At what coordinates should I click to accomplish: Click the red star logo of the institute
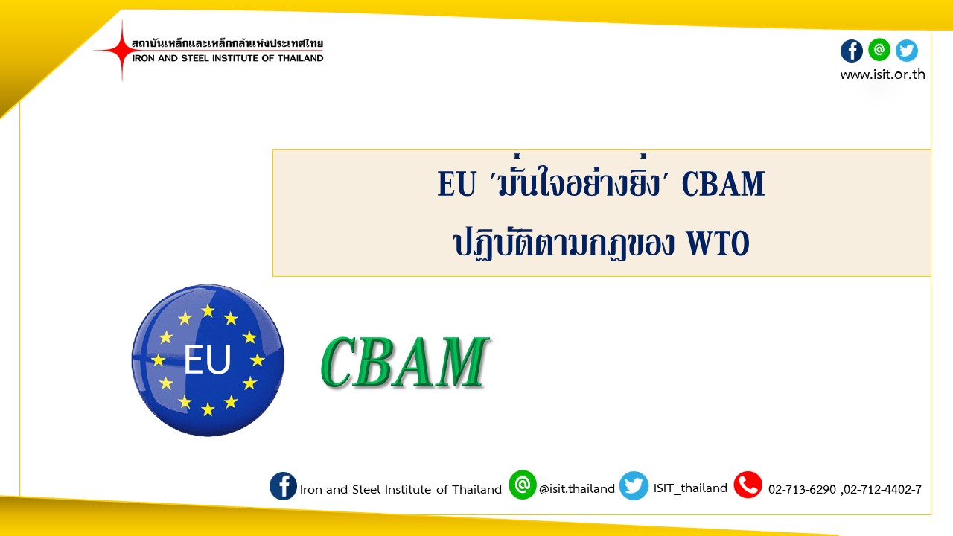click(121, 50)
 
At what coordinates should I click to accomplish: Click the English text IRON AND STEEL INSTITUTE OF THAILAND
click(228, 58)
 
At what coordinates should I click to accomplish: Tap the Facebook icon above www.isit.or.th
click(851, 51)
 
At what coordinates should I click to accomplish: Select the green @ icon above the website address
click(879, 50)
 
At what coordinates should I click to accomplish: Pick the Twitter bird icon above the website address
click(907, 51)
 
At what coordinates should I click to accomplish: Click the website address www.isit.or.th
click(882, 74)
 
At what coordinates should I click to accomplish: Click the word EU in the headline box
click(456, 184)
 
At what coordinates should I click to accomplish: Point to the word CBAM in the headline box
click(723, 184)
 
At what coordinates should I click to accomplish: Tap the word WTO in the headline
click(718, 243)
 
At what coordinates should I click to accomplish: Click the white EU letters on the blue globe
click(208, 360)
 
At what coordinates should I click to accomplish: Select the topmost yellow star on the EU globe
click(208, 310)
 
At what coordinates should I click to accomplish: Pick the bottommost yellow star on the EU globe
click(208, 409)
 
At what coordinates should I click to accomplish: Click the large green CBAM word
click(404, 362)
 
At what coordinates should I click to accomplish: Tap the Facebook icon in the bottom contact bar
click(283, 486)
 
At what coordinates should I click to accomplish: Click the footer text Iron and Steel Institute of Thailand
click(401, 490)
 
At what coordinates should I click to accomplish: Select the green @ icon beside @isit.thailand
click(522, 485)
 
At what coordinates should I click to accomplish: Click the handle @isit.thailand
click(577, 489)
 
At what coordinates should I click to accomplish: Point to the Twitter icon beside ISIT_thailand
click(634, 485)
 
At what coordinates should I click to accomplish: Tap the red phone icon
click(748, 485)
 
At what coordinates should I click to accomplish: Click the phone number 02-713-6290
click(802, 490)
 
